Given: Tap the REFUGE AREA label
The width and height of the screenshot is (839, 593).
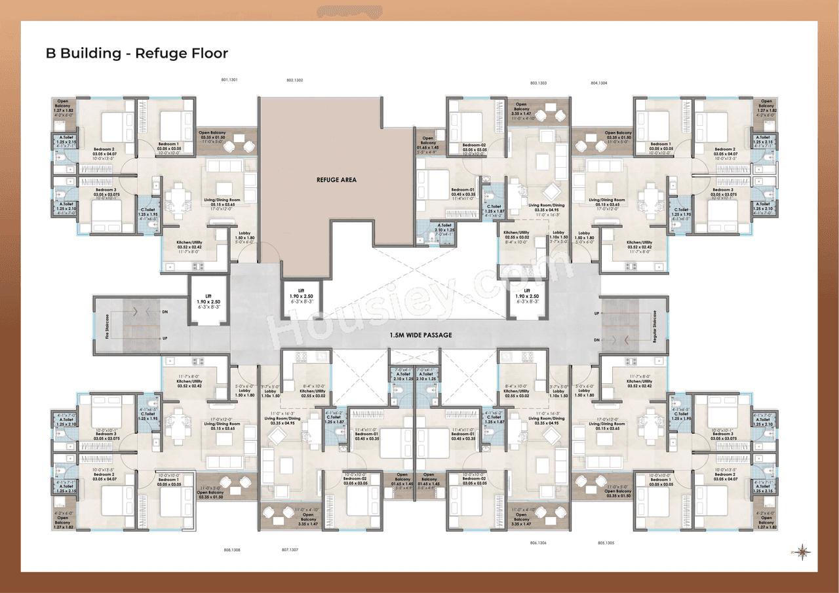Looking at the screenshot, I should coord(336,180).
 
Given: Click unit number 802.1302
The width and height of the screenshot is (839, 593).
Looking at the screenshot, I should coord(294,80).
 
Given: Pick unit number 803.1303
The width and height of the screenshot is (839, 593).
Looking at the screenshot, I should coord(538,83).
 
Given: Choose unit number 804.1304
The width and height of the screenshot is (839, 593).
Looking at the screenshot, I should coord(598,83).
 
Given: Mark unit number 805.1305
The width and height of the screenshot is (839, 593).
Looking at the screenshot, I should coord(606,543).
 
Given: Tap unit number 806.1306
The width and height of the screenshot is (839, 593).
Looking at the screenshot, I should coord(537,543).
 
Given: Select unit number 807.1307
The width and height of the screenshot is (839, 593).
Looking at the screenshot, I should coord(290,550).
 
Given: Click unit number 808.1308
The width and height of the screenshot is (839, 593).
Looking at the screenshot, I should coord(232,550).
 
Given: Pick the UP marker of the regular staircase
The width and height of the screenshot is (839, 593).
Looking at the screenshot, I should coord(596,314).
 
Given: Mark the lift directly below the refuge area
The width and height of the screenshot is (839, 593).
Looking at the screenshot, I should coord(302,297).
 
